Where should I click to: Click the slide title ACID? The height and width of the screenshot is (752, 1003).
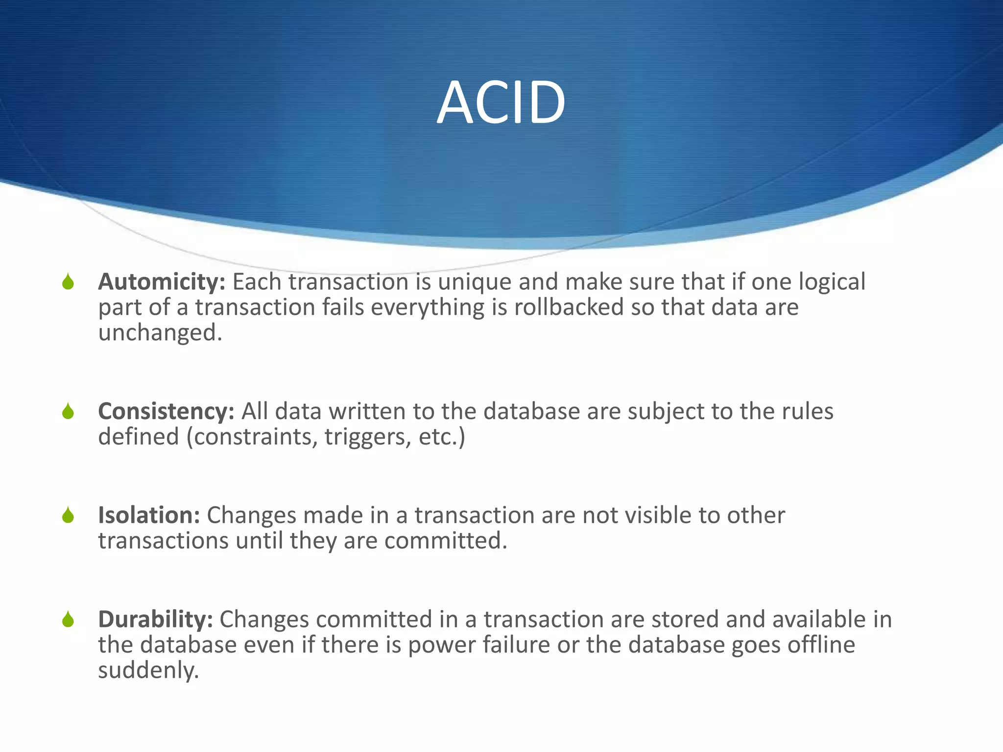pos(501,103)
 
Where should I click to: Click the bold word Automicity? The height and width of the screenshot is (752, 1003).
pos(161,282)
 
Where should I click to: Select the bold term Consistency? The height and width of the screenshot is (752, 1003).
pos(166,411)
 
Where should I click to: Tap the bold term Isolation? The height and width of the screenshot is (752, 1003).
pos(149,515)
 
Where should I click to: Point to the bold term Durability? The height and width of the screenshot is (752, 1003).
pos(155,619)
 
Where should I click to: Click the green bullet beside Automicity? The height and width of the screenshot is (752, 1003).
pos(68,282)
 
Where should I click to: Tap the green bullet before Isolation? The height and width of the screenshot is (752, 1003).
pos(68,515)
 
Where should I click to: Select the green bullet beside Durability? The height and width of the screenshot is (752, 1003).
pos(68,620)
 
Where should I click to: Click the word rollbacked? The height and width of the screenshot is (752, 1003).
pos(569,307)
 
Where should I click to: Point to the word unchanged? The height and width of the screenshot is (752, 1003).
pos(160,333)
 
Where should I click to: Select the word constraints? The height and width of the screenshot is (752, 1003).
pos(254,437)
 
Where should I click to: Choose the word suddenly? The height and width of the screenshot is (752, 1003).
pos(148,671)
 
